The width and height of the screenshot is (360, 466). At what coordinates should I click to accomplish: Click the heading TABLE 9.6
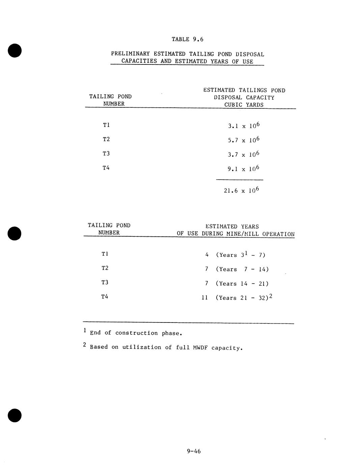click(187, 39)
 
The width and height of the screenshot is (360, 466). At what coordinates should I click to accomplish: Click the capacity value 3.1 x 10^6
click(244, 126)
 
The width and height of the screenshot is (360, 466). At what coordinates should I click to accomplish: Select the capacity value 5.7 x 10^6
click(244, 140)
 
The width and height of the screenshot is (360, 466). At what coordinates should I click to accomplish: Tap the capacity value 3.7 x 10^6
click(244, 154)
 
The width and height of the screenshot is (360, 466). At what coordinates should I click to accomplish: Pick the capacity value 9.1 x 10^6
click(244, 169)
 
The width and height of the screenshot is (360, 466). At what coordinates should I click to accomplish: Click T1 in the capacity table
click(106, 125)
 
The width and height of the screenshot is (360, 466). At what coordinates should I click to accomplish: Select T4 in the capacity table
click(106, 168)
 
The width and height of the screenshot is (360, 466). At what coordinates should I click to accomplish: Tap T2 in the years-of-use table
click(105, 268)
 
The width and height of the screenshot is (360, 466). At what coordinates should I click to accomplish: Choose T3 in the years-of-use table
click(105, 282)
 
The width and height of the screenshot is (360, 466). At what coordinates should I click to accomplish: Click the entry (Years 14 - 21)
click(242, 284)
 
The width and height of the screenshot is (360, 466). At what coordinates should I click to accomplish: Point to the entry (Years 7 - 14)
click(242, 269)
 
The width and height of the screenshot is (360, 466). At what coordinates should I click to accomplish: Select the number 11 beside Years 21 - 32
click(205, 298)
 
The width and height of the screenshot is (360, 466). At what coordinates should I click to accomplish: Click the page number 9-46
click(194, 451)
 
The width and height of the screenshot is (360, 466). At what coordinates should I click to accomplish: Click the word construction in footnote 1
click(136, 333)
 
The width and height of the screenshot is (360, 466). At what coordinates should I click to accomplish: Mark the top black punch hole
click(15, 51)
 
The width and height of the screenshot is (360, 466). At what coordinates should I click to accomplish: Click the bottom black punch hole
click(15, 415)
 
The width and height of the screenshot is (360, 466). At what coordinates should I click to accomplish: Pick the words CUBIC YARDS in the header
click(244, 105)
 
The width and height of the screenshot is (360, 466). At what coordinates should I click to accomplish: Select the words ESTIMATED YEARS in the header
click(232, 227)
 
